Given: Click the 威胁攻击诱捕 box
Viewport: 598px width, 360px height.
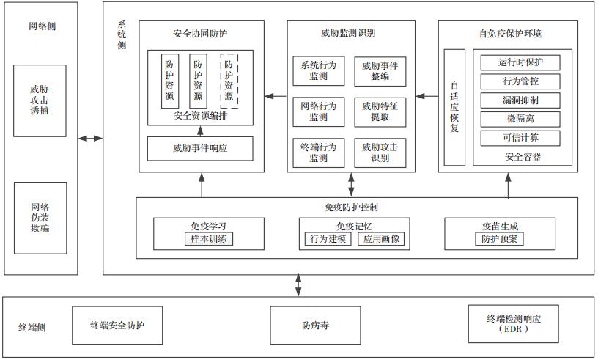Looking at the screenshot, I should pos(40,100).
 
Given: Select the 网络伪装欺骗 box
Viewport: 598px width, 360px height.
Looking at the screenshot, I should pos(40,218).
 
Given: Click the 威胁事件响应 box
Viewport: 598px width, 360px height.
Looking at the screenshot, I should pos(200,148).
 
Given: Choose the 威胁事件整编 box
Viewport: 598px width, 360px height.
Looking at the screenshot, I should pos(380,71).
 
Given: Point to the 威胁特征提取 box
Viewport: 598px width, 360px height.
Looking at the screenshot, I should pos(380,111).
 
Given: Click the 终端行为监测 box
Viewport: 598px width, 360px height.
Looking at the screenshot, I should pos(319,152).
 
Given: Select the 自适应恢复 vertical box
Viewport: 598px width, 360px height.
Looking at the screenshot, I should pos(454,107).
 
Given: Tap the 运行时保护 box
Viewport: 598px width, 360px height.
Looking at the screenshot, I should pos(520,62).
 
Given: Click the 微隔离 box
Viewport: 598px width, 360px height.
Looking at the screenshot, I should pos(520,119).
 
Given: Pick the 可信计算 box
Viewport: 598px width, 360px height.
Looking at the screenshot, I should pos(520,138).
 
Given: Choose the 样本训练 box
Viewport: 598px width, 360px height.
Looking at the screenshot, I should pos(209,239).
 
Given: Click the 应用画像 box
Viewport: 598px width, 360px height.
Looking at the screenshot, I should pos(380,239).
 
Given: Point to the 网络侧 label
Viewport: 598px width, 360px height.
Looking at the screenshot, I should pos(42,26).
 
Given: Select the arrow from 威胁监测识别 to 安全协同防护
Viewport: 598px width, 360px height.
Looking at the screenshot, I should pos(276,95).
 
